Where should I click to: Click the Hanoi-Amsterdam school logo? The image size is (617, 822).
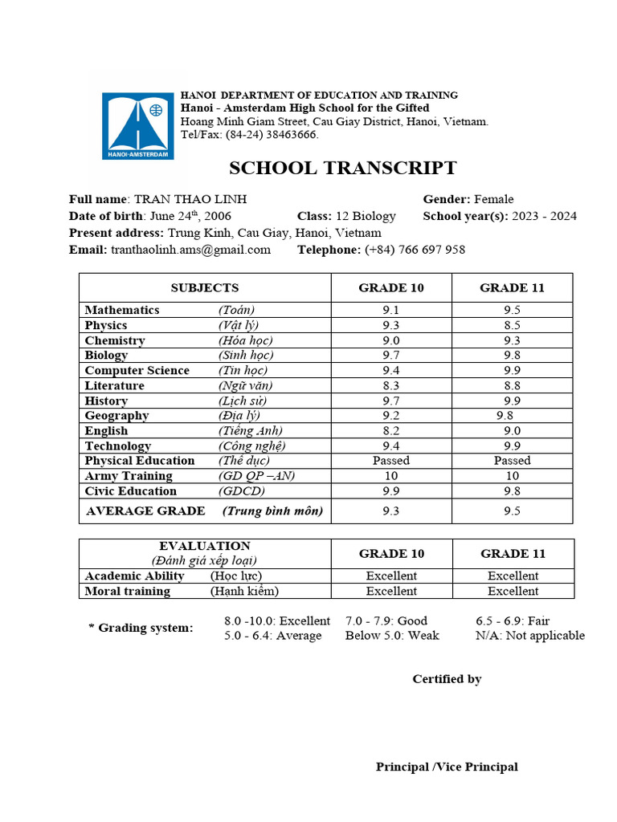click(137, 126)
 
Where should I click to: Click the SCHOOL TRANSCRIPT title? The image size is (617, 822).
click(343, 168)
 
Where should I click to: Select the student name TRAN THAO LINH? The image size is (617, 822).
click(190, 199)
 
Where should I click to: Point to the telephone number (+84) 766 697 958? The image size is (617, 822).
click(415, 250)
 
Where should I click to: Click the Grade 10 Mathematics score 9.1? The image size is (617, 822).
click(391, 310)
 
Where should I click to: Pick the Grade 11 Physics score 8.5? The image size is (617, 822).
click(513, 325)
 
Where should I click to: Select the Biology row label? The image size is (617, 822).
click(107, 355)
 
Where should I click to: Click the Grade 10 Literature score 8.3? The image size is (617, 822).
click(391, 385)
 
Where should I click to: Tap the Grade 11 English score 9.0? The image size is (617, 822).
click(513, 430)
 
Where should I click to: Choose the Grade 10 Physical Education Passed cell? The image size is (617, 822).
click(391, 461)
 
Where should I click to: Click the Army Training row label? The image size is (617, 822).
click(129, 476)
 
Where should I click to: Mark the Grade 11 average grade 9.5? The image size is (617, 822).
click(513, 511)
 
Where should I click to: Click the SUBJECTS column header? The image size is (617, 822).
click(205, 287)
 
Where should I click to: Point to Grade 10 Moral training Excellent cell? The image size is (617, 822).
click(391, 591)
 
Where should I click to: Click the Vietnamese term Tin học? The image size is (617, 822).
click(244, 370)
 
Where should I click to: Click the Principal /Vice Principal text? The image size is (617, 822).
click(447, 767)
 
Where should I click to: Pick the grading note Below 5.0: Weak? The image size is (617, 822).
click(392, 636)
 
